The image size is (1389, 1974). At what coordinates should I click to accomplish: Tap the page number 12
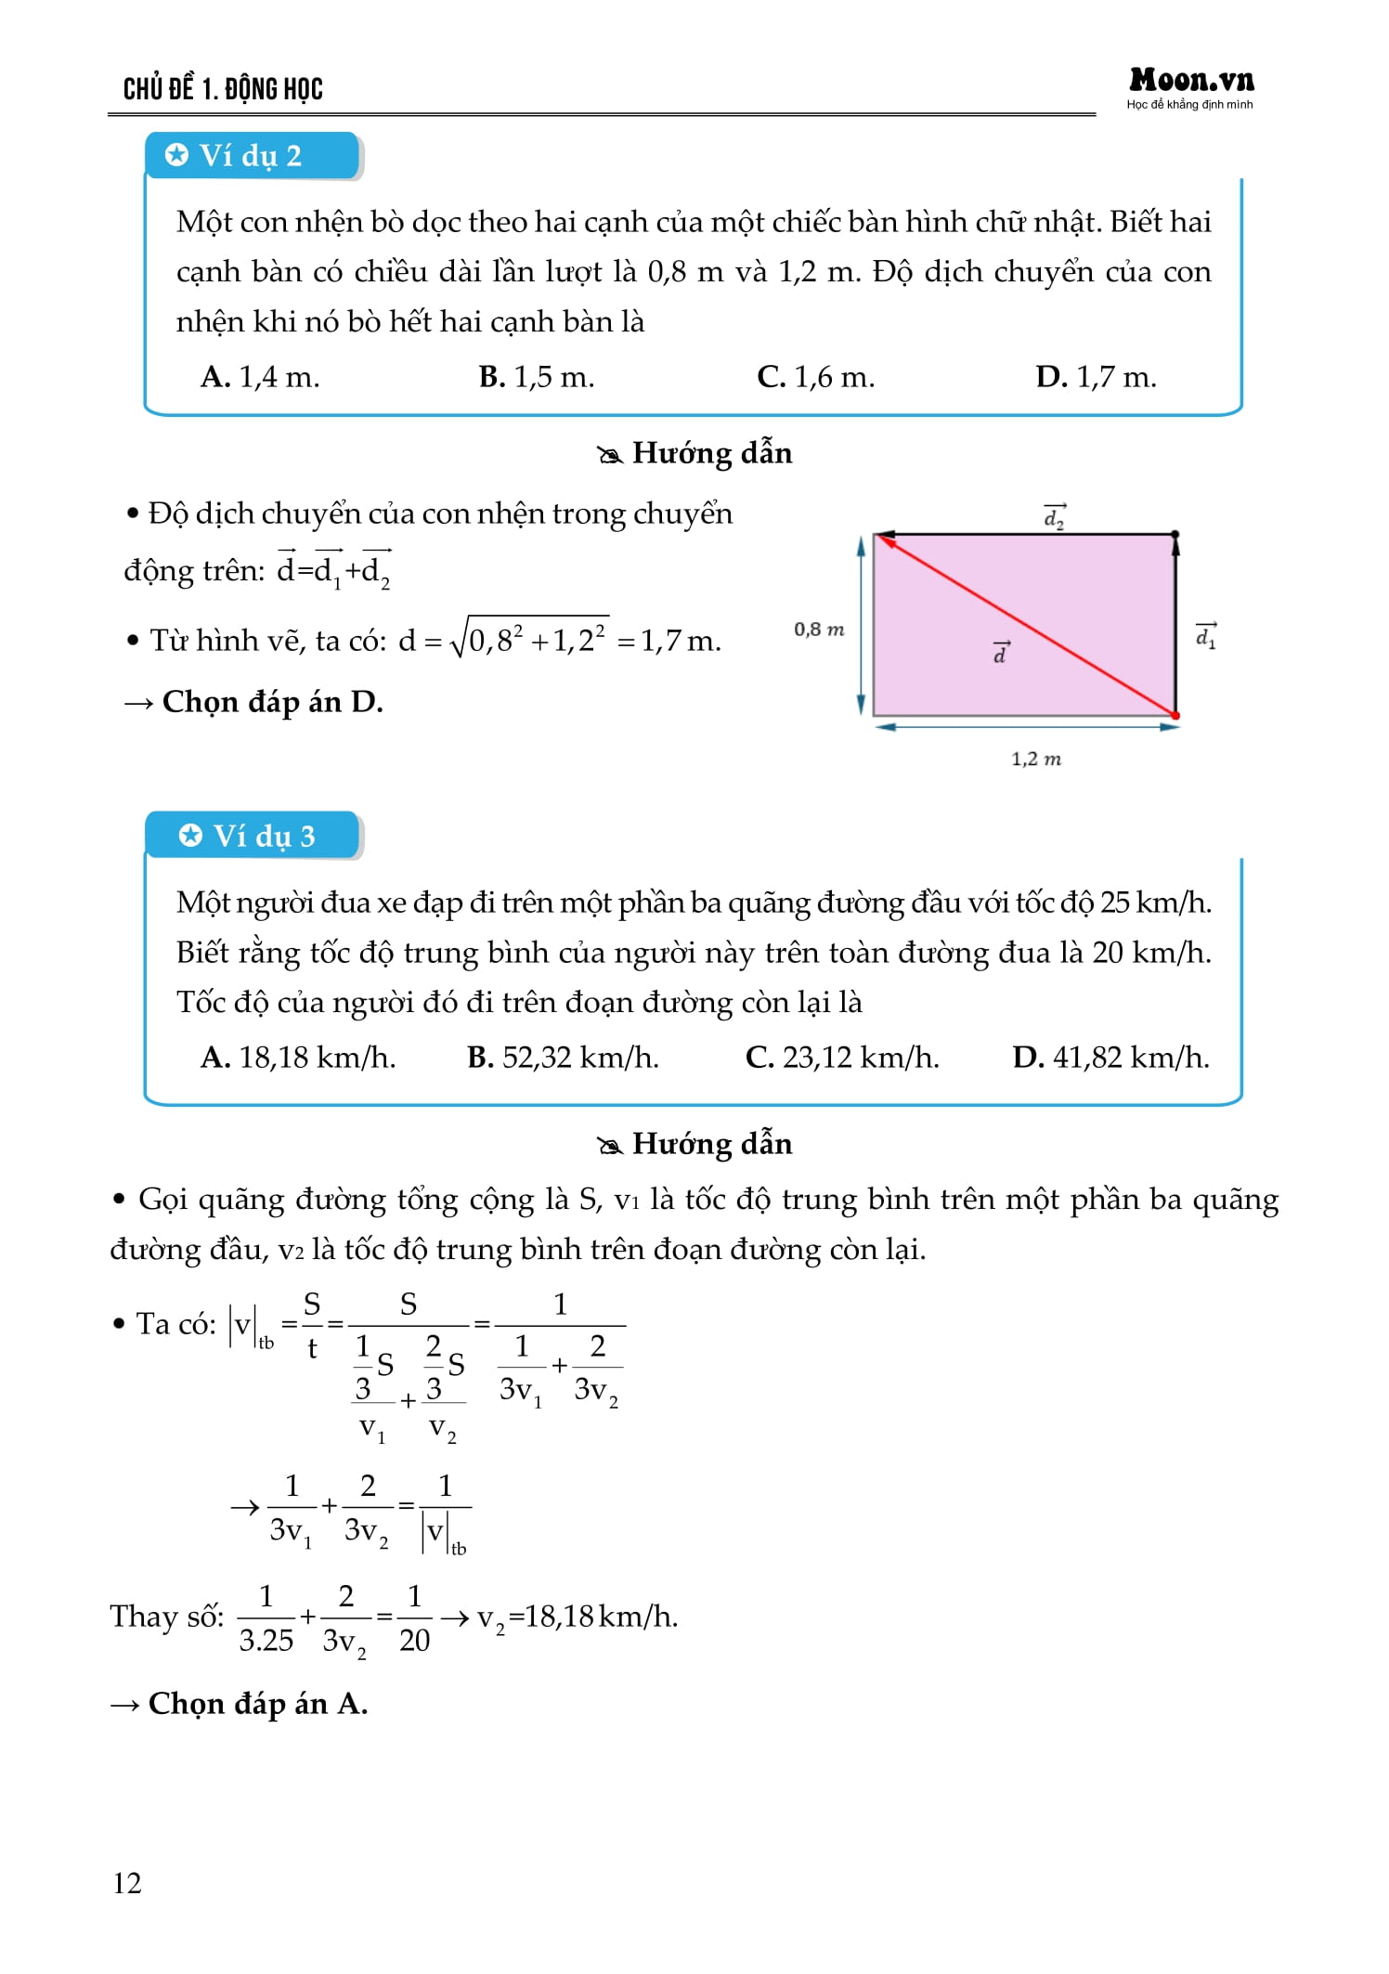[x=127, y=1882]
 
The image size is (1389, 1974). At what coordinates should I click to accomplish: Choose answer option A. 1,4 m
[x=260, y=377]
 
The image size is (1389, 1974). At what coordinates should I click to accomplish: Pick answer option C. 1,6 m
[x=815, y=377]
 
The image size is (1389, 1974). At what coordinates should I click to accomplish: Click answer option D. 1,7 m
[x=1096, y=377]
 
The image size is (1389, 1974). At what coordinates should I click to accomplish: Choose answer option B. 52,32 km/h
[x=563, y=1058]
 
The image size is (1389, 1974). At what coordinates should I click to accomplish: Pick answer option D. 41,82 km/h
[x=1110, y=1058]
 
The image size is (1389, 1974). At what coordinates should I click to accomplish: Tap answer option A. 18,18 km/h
[x=298, y=1058]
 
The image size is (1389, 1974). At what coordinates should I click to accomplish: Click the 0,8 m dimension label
[x=818, y=630]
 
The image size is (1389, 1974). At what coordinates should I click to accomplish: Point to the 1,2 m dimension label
[x=1035, y=760]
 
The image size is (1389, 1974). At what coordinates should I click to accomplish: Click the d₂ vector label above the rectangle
[x=1055, y=517]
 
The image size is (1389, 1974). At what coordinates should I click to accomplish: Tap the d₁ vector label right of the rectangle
[x=1206, y=636]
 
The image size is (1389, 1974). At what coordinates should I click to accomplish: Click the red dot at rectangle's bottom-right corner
[x=1175, y=716]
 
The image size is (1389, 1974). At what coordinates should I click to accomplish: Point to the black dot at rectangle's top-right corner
[x=1175, y=535]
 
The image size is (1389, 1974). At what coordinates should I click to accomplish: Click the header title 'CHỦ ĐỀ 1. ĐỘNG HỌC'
[x=223, y=89]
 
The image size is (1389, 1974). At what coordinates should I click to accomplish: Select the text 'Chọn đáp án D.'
[x=272, y=702]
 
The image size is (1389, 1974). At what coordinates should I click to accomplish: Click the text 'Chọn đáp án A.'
[x=258, y=1704]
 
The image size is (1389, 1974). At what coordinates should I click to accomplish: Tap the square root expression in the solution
[x=529, y=638]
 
